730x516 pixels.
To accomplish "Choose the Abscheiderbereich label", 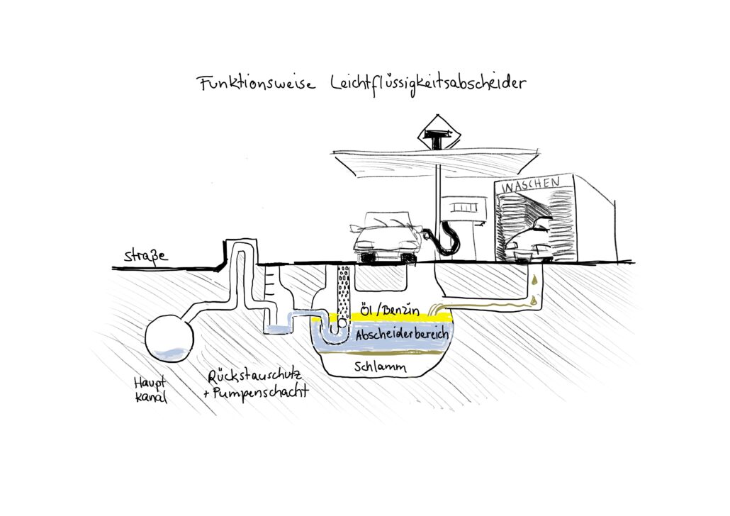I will point(402,334).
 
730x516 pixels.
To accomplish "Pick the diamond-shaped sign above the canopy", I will point(437,130).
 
